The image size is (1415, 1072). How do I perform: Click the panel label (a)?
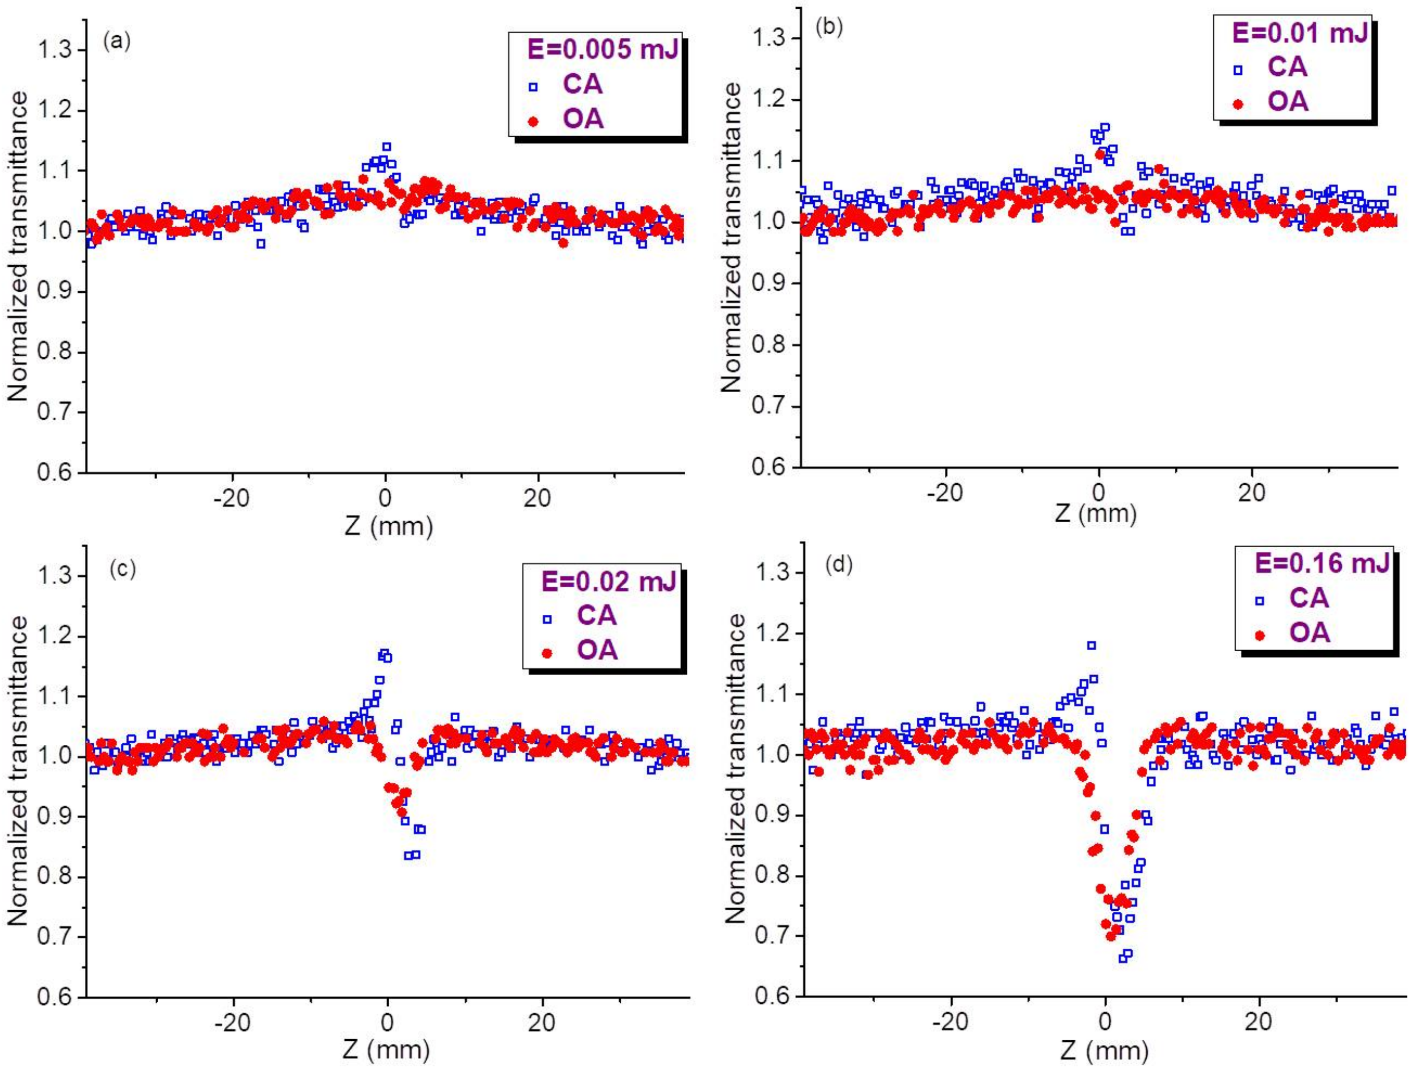tap(117, 41)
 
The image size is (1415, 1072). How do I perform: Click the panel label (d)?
tap(839, 565)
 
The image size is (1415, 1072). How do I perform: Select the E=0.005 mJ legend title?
tap(602, 50)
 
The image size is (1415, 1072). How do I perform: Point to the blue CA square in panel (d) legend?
tap(1259, 601)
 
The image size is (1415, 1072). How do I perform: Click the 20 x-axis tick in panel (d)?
tap(1258, 1021)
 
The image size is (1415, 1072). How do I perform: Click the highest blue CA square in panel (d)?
tap(1091, 646)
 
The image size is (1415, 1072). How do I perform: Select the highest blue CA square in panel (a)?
tap(386, 146)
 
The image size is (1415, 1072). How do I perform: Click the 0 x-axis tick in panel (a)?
tap(385, 498)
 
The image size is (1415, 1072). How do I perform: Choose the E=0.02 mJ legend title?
tap(608, 582)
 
